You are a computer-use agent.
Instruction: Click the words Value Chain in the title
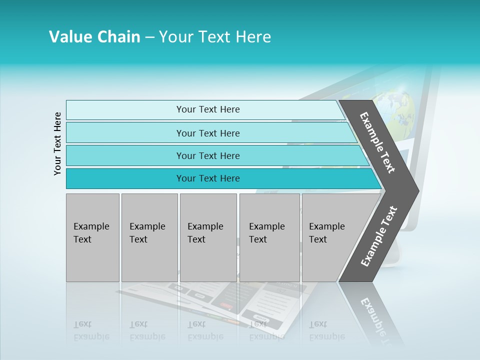click(94, 37)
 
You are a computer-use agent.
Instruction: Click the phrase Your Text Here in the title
click(215, 37)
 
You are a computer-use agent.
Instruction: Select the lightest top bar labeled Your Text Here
click(208, 109)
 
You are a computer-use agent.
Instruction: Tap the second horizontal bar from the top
click(208, 133)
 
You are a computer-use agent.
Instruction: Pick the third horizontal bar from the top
click(208, 155)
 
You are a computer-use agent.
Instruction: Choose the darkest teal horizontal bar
click(208, 178)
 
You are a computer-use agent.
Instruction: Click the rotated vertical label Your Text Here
click(58, 143)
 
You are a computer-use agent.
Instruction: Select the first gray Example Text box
click(92, 237)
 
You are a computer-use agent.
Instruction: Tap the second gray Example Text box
click(149, 237)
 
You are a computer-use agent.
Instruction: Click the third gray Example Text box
click(207, 237)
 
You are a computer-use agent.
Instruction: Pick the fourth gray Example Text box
click(269, 237)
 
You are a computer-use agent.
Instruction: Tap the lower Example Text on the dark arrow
click(378, 236)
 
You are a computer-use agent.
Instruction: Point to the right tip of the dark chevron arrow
click(417, 191)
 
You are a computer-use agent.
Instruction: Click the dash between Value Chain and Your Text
click(149, 37)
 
